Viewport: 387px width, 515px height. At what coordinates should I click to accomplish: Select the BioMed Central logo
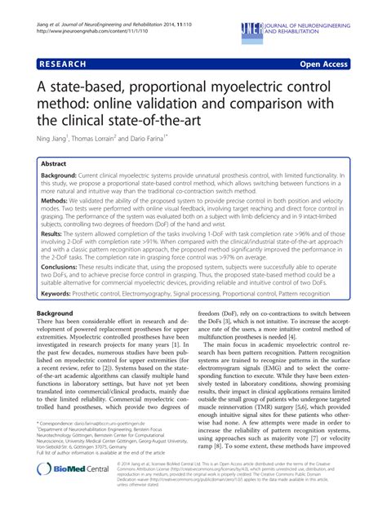78,482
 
